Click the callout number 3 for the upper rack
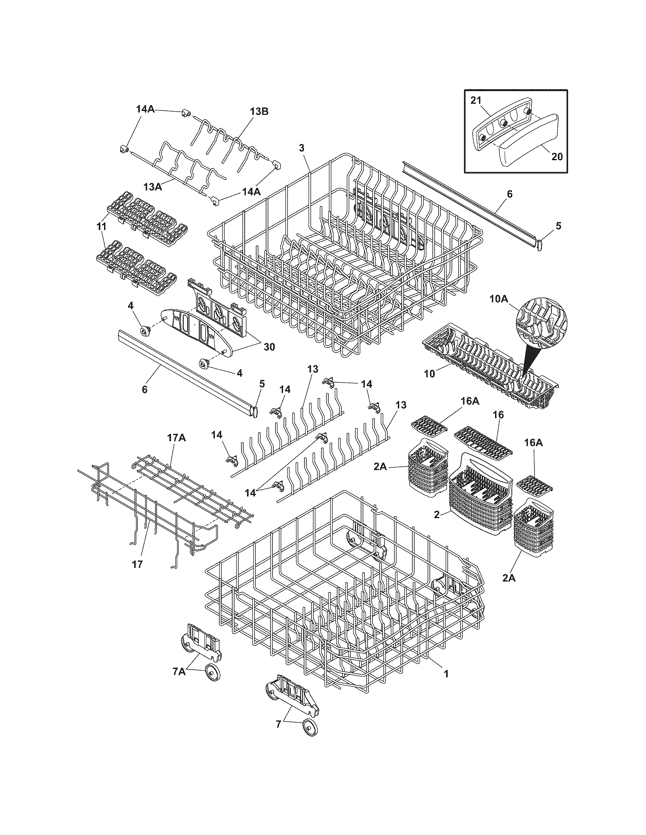(302, 148)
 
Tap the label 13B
(259, 111)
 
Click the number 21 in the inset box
(475, 100)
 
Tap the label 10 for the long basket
(430, 373)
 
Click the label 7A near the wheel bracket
(179, 671)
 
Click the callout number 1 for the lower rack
(446, 673)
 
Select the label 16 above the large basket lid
(498, 415)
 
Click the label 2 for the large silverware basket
(436, 514)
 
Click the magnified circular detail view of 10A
(541, 317)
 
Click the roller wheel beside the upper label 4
(146, 331)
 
